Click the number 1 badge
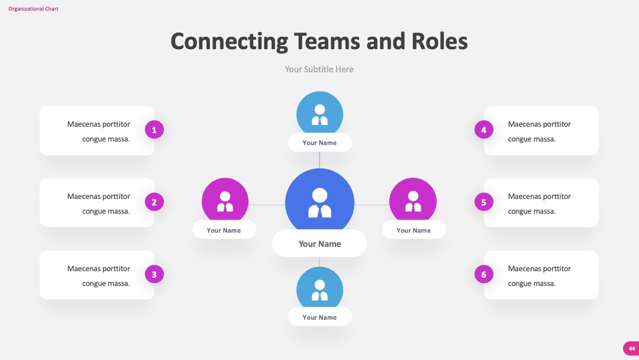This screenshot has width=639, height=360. tap(154, 130)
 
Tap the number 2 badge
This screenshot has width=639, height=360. tap(154, 202)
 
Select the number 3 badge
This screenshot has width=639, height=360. tap(154, 274)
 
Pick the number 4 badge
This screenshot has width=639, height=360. tap(484, 130)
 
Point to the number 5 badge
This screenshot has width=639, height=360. tap(484, 202)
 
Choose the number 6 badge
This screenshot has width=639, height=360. tap(484, 274)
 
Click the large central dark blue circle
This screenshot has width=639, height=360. tap(319, 200)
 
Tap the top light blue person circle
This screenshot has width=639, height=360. tap(319, 112)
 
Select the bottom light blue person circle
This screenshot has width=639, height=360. tap(319, 288)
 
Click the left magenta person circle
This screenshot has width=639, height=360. tap(225, 200)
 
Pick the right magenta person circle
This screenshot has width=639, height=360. tap(413, 200)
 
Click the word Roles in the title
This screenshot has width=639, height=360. tap(439, 41)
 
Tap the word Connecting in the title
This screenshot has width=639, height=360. tap(229, 42)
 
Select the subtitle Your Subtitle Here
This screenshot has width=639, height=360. tap(319, 69)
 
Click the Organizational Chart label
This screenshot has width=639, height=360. tap(33, 8)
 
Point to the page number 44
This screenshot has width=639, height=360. tap(632, 349)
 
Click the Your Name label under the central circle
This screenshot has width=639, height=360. tap(319, 244)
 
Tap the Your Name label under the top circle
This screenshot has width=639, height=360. tap(319, 143)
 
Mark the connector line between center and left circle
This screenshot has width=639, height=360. tap(266, 205)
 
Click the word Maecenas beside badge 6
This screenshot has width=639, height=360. tap(524, 269)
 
